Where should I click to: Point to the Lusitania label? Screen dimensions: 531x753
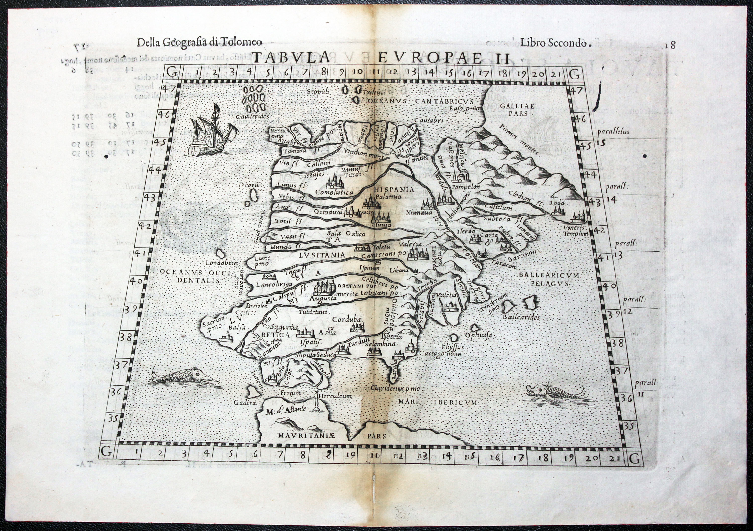[322, 254]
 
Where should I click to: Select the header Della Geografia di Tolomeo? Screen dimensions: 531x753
[200, 43]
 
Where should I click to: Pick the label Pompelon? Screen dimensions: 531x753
[466, 187]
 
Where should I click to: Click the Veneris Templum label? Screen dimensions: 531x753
[576, 231]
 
